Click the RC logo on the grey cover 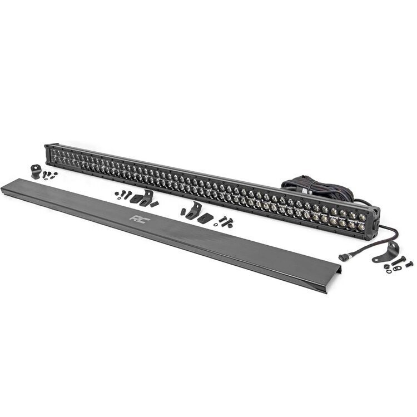[136, 218]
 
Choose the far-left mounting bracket [37, 171]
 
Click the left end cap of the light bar [48, 153]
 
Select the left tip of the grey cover [4, 187]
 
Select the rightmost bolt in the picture [408, 264]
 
